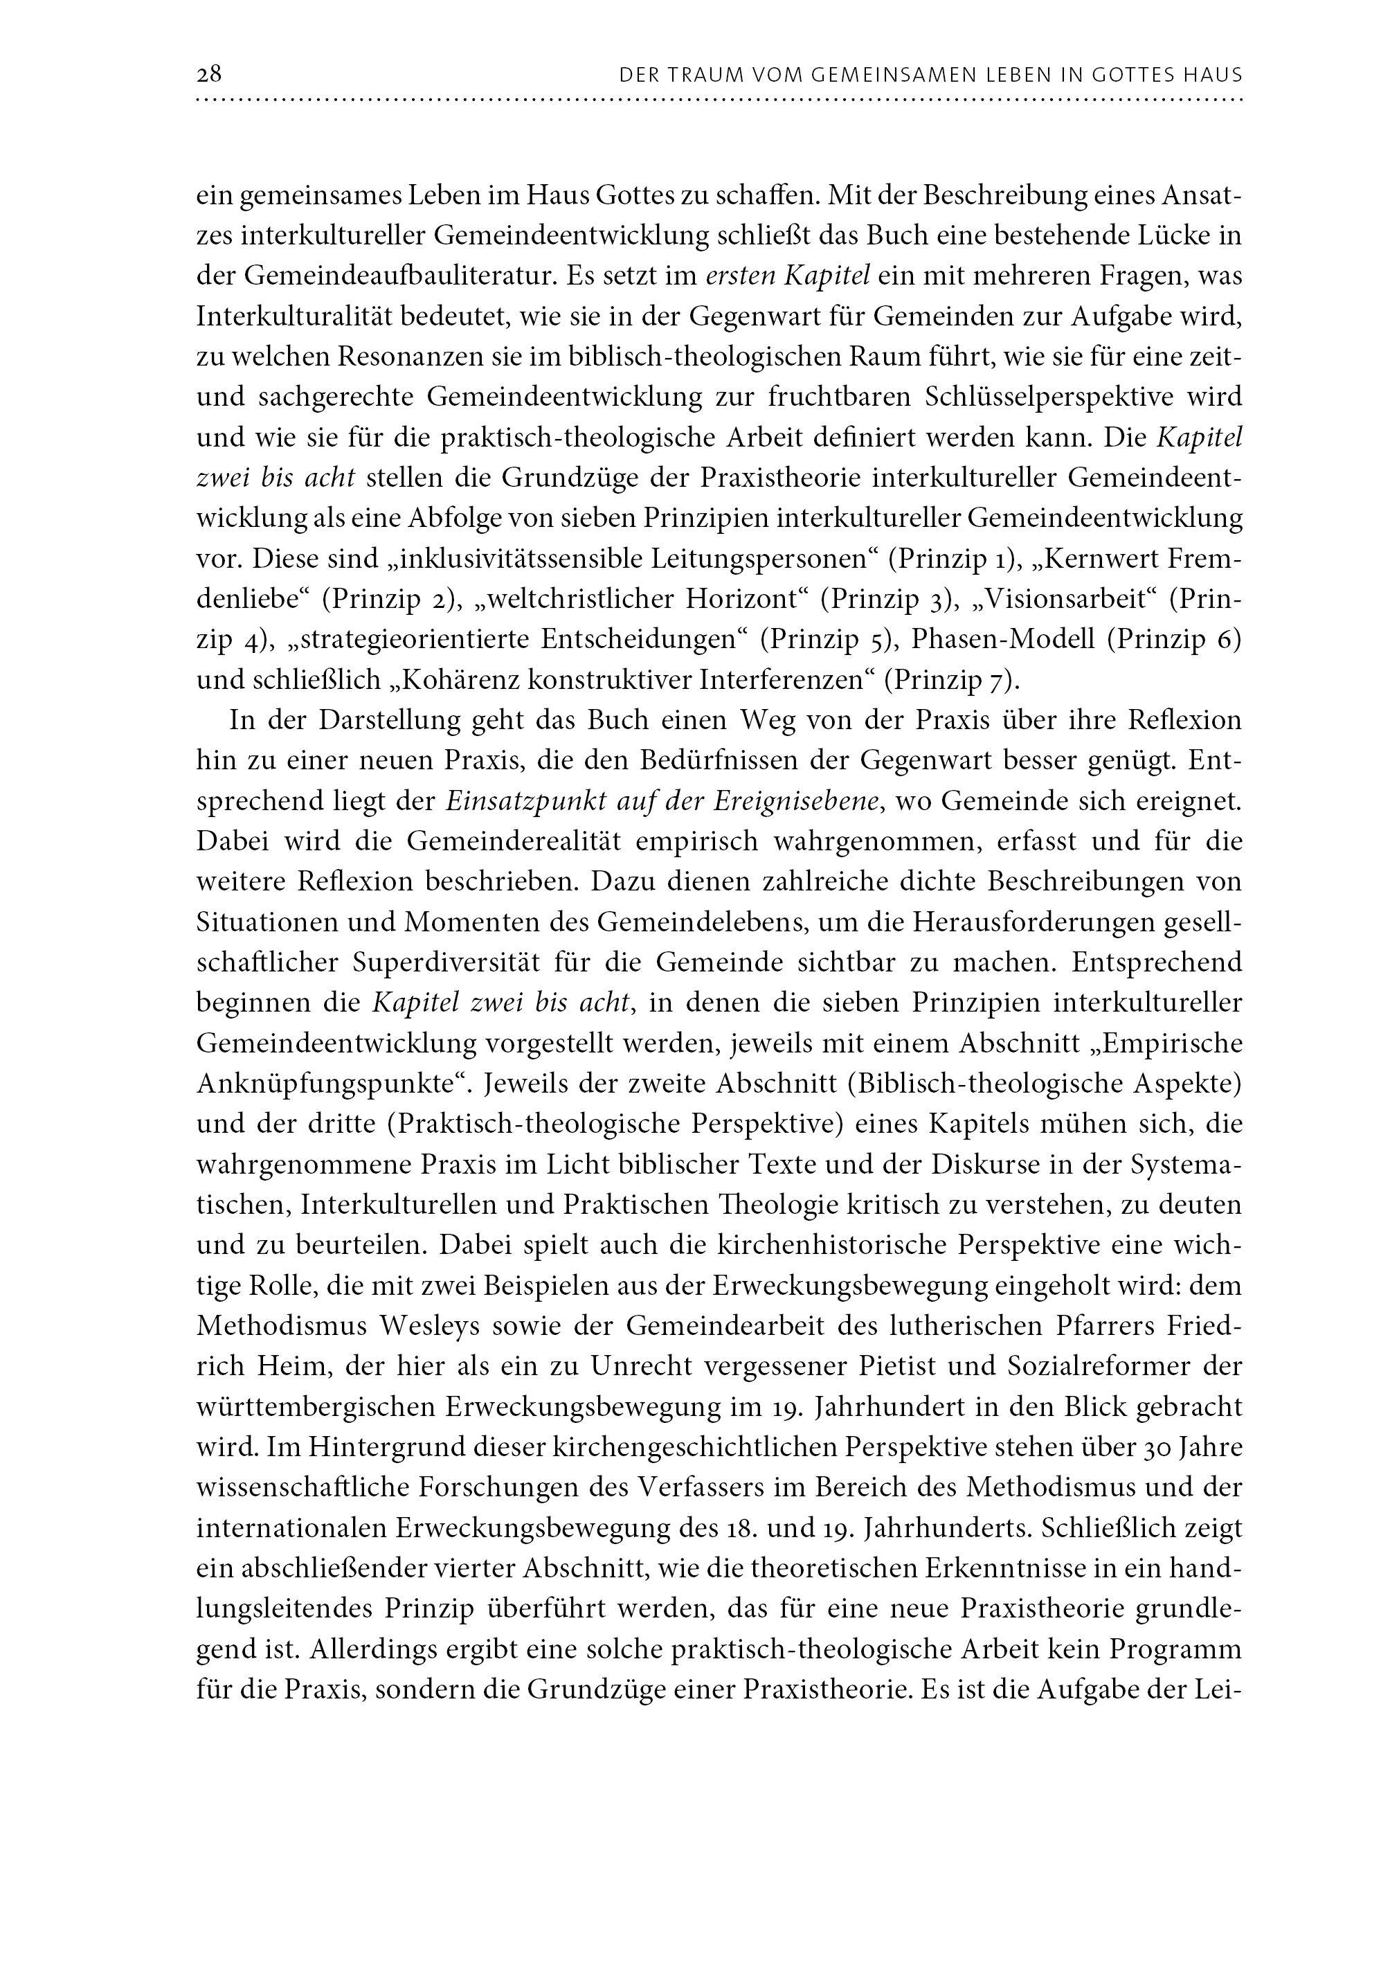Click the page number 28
(209, 75)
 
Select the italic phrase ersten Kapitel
(788, 276)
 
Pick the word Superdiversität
(446, 964)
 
